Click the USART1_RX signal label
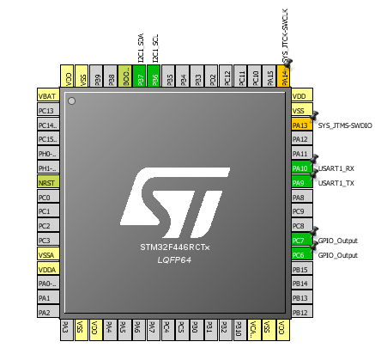pos(337,168)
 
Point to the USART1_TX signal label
pos(337,183)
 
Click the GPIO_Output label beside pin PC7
pos(337,241)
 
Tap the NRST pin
pos(47,182)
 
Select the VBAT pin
pos(47,95)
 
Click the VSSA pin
pos(47,254)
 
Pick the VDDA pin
pos(47,269)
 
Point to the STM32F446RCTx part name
pos(175,247)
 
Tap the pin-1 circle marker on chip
pos(72,102)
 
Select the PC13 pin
pos(47,110)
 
